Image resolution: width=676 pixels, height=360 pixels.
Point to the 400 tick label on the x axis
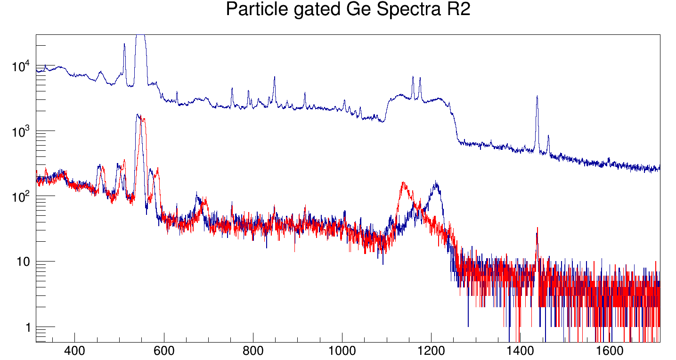[74, 351]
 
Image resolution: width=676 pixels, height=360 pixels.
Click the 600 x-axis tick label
[164, 351]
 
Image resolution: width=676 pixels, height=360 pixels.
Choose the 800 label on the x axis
[253, 351]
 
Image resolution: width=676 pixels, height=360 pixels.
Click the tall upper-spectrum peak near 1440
[537, 97]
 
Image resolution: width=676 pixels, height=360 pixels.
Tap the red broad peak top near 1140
[404, 183]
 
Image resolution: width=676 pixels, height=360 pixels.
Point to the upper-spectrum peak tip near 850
[274, 77]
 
